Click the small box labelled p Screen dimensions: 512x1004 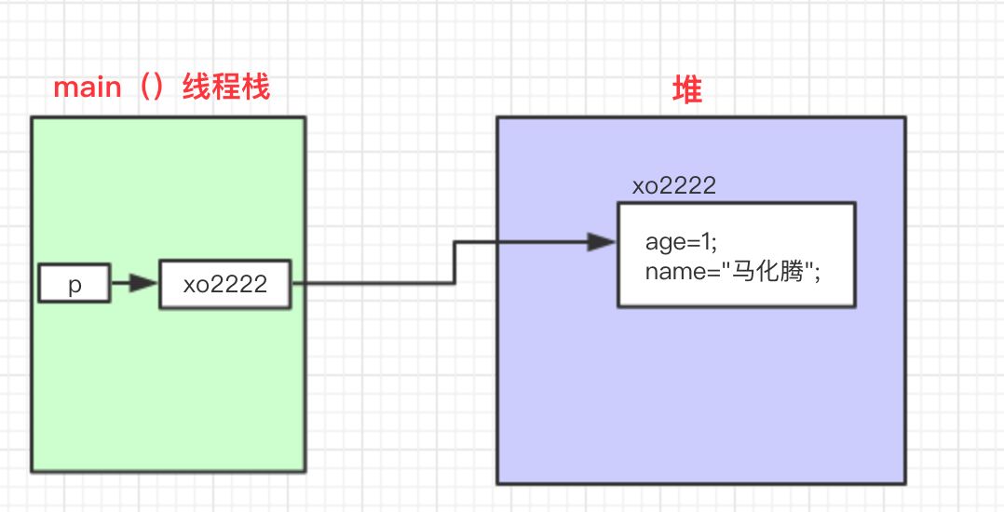pyautogui.click(x=75, y=284)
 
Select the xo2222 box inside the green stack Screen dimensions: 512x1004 pyautogui.click(x=224, y=284)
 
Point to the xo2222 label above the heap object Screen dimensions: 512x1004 pyautogui.click(x=673, y=185)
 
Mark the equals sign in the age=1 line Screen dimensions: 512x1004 pyautogui.click(x=690, y=243)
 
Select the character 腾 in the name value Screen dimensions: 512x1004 pyautogui.click(x=787, y=271)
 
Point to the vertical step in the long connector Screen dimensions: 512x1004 pyautogui.click(x=455, y=263)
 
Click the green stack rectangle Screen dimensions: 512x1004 pyautogui.click(x=168, y=391)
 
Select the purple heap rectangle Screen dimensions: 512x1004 pyautogui.click(x=699, y=400)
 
